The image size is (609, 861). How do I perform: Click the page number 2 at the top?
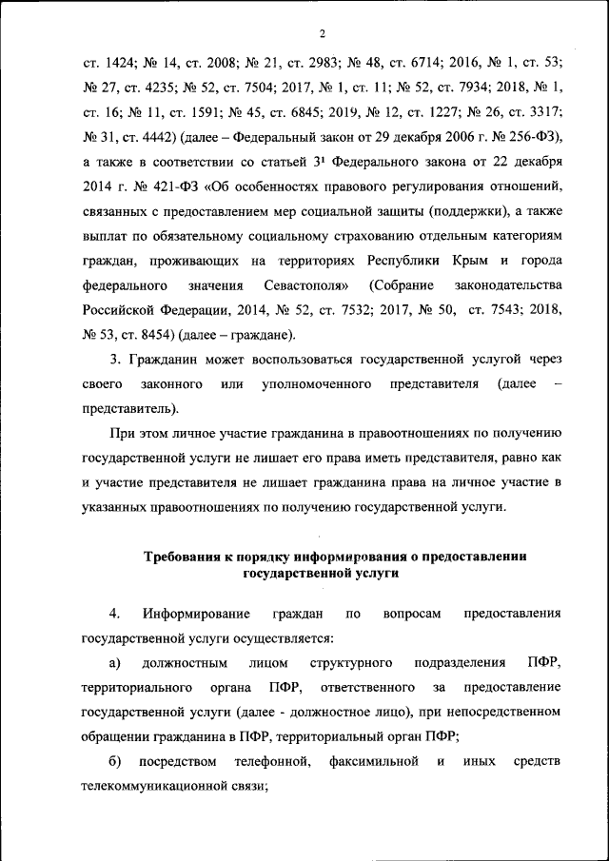pyautogui.click(x=323, y=35)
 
